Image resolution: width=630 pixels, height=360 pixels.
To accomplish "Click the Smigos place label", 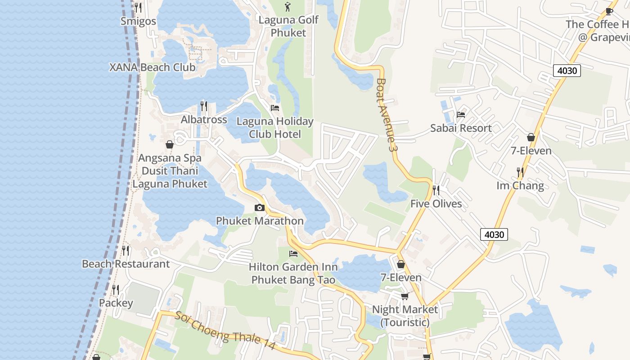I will (138, 21).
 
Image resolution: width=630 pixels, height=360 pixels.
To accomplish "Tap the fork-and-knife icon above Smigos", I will (138, 7).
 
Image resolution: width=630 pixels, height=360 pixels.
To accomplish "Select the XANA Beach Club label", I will (153, 67).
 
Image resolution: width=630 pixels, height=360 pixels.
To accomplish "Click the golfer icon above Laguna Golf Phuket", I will (288, 7).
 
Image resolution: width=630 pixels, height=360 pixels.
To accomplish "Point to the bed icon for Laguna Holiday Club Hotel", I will (275, 108).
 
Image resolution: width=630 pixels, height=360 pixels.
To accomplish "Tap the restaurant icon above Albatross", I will (204, 106).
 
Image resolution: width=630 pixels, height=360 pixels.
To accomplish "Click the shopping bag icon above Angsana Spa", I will (170, 144).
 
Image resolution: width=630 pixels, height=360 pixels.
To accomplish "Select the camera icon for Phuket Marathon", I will (259, 207).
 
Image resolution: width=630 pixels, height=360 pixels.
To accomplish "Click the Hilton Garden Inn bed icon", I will (293, 254).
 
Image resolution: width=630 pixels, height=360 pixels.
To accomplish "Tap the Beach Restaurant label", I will (126, 264).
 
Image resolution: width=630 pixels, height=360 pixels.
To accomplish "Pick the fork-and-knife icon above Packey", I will (116, 289).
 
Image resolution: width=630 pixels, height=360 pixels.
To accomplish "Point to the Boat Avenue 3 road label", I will (387, 114).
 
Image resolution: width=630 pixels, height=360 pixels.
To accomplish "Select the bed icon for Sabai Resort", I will (461, 115).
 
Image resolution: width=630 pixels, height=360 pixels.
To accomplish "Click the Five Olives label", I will (436, 204).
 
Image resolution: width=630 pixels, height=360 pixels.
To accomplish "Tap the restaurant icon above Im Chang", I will (520, 172).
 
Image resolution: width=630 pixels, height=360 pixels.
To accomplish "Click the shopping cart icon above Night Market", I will (405, 296).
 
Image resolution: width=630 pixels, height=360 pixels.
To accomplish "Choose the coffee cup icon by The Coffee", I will (609, 11).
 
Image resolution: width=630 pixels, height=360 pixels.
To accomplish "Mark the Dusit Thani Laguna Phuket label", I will (170, 177).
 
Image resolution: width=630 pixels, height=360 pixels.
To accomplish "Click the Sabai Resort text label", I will (461, 128).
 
